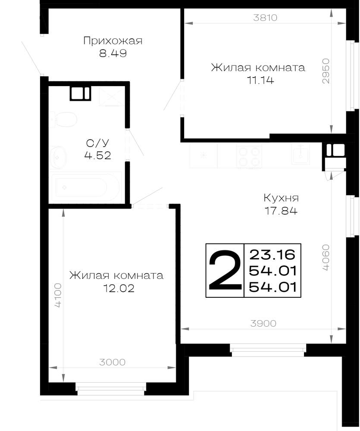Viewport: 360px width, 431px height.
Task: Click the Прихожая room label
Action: click(113, 41)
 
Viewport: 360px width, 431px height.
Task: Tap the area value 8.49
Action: click(113, 53)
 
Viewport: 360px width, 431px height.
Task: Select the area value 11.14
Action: click(260, 80)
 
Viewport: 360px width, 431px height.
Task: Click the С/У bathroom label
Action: click(97, 143)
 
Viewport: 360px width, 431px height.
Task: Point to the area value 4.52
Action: click(97, 156)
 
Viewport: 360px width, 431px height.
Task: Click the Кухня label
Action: click(281, 198)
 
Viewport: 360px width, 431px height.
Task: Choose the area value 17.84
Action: click(281, 211)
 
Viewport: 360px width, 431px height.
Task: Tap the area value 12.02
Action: click(119, 288)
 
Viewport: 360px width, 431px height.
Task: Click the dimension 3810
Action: click(265, 18)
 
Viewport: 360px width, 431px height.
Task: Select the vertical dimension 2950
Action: click(326, 71)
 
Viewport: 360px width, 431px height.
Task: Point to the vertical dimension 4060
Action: click(326, 258)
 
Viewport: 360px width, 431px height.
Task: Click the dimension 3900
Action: click(263, 324)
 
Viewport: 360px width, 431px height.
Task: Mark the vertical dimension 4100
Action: click(58, 296)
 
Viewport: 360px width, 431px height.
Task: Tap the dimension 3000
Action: click(112, 362)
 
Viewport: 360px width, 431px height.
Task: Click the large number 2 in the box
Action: click(225, 271)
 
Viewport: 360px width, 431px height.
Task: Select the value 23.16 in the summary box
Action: click(272, 255)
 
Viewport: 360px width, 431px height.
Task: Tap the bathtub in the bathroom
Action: click(85, 187)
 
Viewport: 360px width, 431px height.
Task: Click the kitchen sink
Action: click(301, 154)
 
